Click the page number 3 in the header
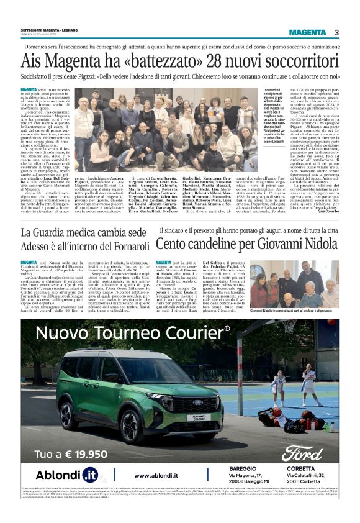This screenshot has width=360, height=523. (336, 32)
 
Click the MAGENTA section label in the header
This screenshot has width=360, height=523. (307, 32)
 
